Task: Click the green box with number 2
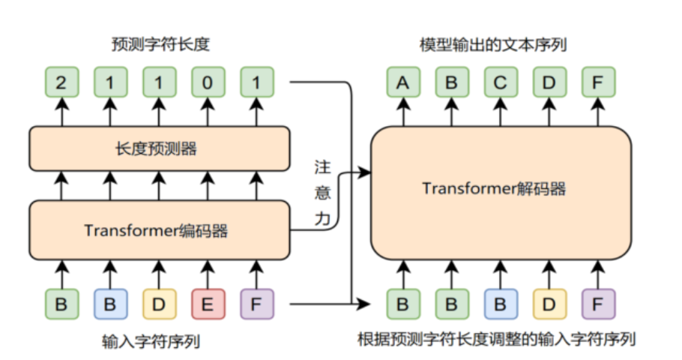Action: pos(61,82)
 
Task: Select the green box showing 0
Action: pos(208,82)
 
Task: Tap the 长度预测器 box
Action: pos(159,148)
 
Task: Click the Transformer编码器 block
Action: pos(159,230)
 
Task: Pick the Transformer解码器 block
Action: pos(501,188)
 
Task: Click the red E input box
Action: pos(208,304)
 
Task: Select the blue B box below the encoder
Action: pos(110,304)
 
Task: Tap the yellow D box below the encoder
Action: pos(159,304)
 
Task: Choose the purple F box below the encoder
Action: pos(256,304)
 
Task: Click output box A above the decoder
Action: pos(403,82)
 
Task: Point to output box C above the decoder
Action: pos(501,82)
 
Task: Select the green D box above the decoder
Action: pos(549,82)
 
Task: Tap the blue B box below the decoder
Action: pos(501,304)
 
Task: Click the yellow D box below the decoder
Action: pos(549,304)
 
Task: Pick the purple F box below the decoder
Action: pos(598,304)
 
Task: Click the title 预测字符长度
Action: pos(159,45)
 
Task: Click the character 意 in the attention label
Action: pos(322,193)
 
